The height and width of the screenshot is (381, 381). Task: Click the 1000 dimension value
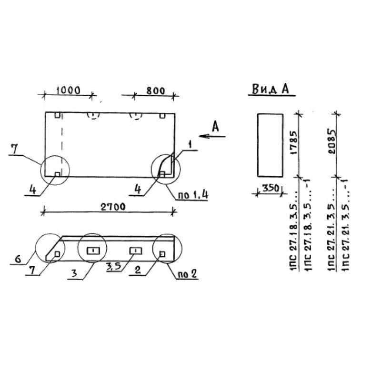(x=68, y=90)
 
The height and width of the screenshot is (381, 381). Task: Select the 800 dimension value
(x=156, y=90)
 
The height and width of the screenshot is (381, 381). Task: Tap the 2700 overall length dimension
(x=113, y=207)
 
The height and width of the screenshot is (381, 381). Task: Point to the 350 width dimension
(x=271, y=188)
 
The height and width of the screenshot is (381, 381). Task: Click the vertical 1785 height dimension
(x=294, y=142)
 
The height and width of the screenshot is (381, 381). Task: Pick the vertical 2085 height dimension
(x=331, y=141)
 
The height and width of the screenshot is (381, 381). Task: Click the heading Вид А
(x=271, y=89)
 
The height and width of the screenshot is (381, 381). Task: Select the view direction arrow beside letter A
(x=212, y=136)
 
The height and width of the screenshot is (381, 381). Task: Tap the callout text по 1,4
(x=193, y=195)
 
